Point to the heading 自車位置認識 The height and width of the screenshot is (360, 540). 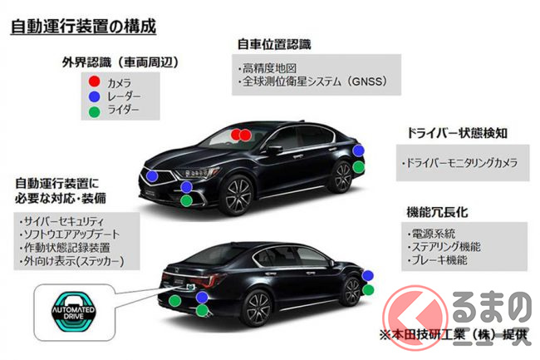[268, 42]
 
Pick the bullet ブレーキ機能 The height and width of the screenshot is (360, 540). [440, 260]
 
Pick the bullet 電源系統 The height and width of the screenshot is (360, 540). [433, 234]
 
